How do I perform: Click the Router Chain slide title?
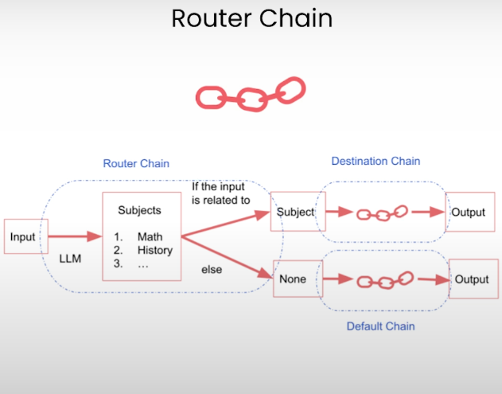[x=251, y=18]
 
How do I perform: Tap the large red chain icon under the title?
[x=251, y=94]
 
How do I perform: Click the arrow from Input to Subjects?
[x=76, y=236]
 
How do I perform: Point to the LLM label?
[x=70, y=259]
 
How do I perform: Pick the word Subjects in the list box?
[x=139, y=211]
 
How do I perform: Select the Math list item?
[x=149, y=236]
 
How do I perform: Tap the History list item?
[x=154, y=251]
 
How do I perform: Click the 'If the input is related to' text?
[x=220, y=193]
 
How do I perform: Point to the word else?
[x=212, y=270]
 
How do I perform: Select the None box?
[x=294, y=279]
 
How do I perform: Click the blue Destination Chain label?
[x=376, y=162]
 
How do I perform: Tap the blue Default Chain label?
[x=380, y=326]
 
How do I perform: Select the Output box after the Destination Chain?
[x=468, y=213]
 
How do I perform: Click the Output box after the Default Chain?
[x=472, y=279]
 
